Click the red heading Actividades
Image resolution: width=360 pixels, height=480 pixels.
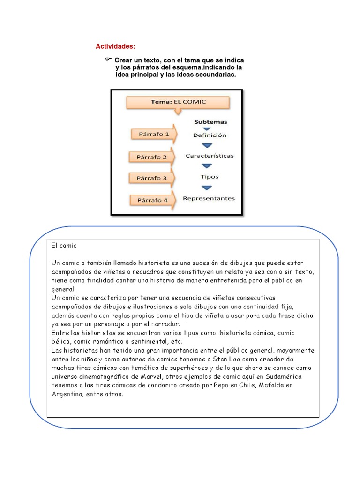coord(115,46)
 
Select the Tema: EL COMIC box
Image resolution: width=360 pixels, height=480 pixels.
coord(178,102)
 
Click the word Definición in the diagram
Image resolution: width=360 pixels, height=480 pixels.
coord(209,135)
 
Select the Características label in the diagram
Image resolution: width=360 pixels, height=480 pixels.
coord(210,156)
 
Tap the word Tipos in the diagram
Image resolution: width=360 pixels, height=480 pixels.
coord(209,177)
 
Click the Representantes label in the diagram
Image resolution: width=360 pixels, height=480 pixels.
coord(209,198)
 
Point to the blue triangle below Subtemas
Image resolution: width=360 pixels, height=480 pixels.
coord(207,128)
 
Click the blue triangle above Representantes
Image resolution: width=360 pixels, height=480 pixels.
coord(207,188)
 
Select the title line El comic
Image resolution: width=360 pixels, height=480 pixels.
coord(64,246)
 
